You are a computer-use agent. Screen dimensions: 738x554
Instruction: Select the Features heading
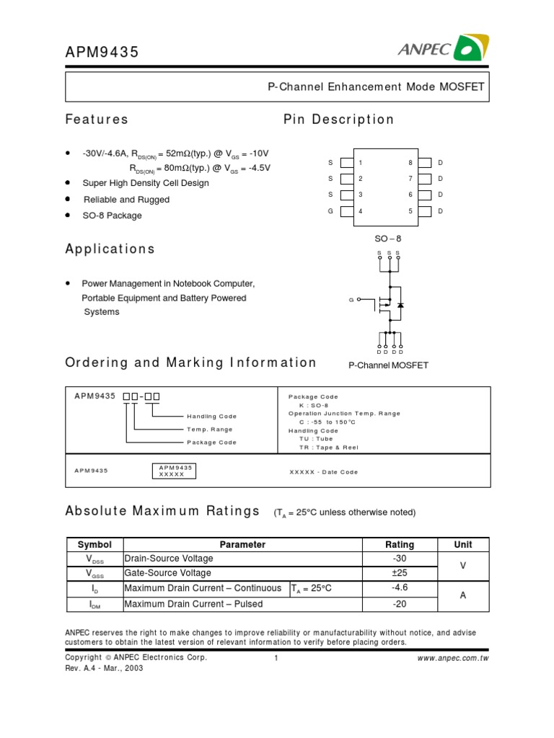[97, 119]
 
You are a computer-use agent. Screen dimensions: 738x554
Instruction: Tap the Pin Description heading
[338, 119]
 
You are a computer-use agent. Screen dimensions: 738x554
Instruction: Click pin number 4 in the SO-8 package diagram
[360, 211]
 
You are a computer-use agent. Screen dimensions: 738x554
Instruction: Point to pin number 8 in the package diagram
[410, 163]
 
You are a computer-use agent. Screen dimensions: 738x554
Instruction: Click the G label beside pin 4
[330, 211]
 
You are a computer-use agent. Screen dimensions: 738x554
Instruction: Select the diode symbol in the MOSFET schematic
[400, 305]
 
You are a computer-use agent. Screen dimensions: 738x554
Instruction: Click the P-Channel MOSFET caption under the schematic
[388, 365]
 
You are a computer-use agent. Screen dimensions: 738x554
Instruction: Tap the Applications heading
[110, 249]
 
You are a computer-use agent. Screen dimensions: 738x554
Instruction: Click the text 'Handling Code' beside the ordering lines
[211, 416]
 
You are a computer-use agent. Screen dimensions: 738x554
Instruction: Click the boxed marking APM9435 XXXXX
[176, 471]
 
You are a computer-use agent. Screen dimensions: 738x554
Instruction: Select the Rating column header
[400, 545]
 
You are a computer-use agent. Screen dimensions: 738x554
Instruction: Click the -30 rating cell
[400, 559]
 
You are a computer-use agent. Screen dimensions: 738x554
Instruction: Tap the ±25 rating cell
[400, 574]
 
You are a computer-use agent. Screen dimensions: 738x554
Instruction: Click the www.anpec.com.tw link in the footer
[453, 658]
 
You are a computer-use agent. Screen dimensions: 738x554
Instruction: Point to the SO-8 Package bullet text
[112, 215]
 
